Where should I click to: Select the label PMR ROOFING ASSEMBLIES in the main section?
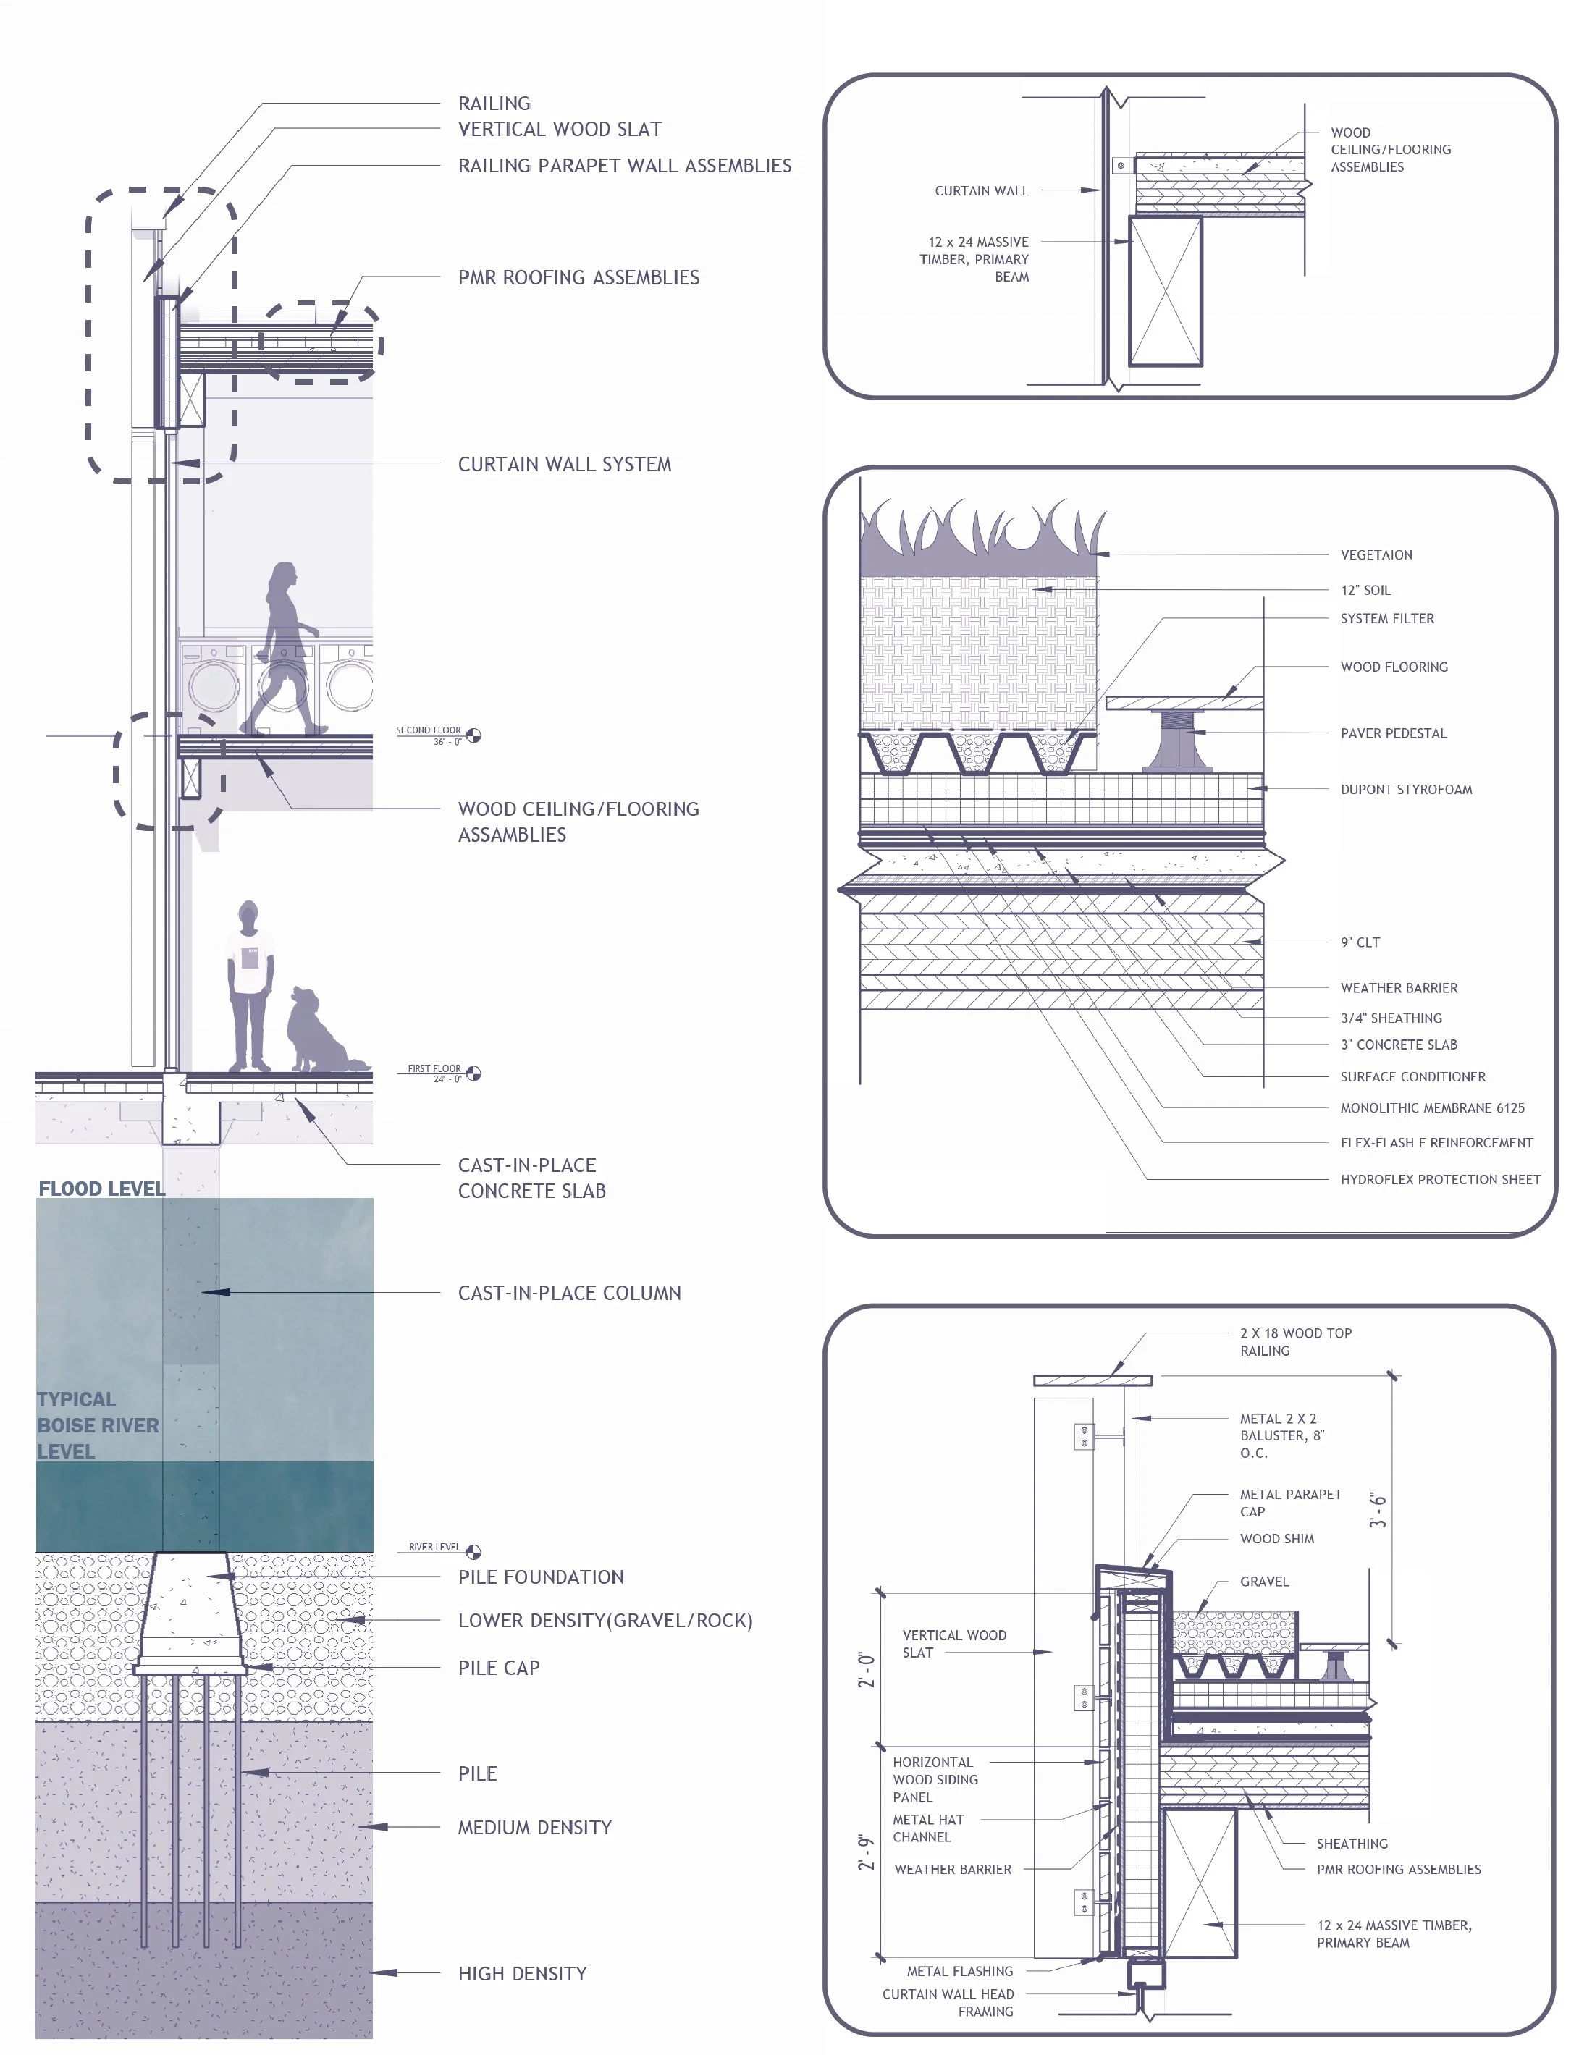[x=578, y=278]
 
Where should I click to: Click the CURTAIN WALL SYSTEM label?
[x=564, y=464]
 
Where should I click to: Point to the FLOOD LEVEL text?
[x=101, y=1189]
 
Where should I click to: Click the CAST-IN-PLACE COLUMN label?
[x=568, y=1293]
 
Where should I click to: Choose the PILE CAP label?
[x=498, y=1668]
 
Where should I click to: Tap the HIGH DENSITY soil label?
[x=522, y=1973]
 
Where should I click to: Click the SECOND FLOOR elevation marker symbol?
[x=473, y=735]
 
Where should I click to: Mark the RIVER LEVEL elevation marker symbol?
[x=473, y=1551]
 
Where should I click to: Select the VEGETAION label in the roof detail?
[x=1376, y=555]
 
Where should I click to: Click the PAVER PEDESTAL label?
[x=1393, y=734]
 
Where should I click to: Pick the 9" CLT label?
[x=1360, y=942]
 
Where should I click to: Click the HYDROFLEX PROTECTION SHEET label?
[x=1440, y=1179]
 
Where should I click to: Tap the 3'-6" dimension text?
[x=1378, y=1510]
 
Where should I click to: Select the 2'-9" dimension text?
[x=867, y=1851]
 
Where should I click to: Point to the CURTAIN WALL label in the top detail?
[x=981, y=191]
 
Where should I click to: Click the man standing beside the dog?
[x=249, y=987]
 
